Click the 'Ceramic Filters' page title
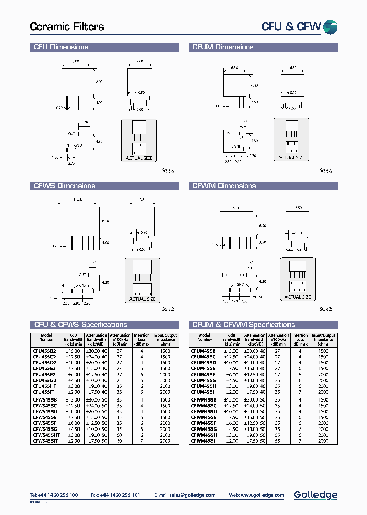click(67, 27)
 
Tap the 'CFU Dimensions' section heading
click(61, 47)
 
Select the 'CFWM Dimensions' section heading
click(224, 186)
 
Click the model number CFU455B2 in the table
click(44, 351)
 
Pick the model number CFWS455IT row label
click(46, 441)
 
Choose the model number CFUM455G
click(203, 380)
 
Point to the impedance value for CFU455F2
click(165, 374)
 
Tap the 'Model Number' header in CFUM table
click(204, 338)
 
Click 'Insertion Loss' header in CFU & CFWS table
click(142, 338)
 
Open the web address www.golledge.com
click(264, 495)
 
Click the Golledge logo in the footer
click(316, 495)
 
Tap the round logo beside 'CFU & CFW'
click(331, 27)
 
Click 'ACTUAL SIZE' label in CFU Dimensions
click(139, 158)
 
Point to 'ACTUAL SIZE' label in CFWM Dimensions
click(298, 297)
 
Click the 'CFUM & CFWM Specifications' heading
click(243, 325)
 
